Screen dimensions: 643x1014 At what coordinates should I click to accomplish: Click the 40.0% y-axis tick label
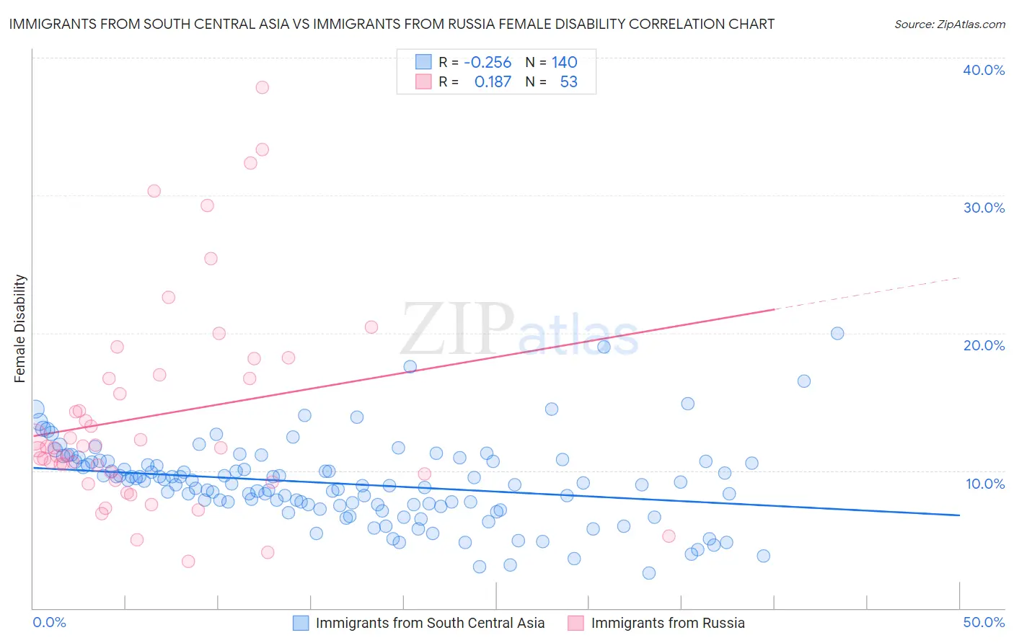coord(983,70)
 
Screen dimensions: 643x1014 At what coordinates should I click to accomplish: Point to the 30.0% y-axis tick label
coord(983,208)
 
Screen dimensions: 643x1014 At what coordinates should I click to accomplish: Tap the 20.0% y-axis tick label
coord(983,345)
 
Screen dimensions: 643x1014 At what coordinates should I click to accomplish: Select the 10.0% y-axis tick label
coord(984,484)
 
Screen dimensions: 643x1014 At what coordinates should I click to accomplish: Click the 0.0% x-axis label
coord(49,622)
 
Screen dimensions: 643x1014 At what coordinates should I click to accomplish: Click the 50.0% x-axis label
coord(983,622)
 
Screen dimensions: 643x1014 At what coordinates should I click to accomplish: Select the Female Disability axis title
coord(20,328)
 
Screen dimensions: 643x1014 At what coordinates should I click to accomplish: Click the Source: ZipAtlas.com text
coord(949,25)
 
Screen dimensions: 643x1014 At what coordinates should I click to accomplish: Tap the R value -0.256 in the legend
coord(488,63)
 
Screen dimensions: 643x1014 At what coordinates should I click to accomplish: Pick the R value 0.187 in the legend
coord(493,82)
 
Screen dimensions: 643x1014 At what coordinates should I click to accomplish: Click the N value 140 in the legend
coord(565,63)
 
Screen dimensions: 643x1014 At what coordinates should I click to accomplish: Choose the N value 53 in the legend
coord(568,82)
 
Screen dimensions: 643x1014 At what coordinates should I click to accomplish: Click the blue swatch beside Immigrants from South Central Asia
coord(301,623)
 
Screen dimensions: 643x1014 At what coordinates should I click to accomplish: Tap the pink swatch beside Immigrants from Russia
coord(576,623)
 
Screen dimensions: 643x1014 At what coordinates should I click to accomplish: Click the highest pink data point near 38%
coord(262,87)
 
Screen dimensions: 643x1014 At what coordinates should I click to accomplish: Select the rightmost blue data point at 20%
coord(837,333)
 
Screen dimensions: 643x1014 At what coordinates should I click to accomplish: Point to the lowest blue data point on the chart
coord(649,573)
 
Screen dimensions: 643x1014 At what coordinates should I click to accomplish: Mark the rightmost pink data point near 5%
coord(669,536)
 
